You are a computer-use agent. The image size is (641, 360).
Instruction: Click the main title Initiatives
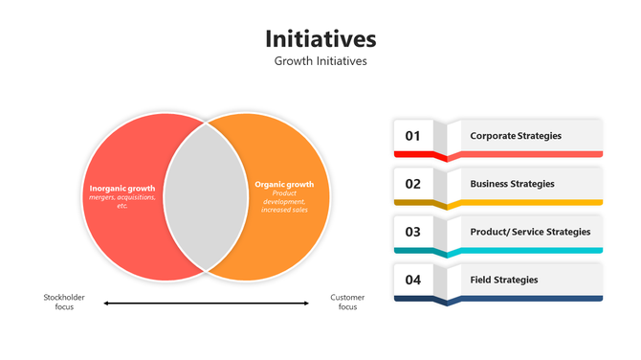point(320,38)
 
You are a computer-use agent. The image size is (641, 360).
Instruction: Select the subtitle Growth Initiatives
point(320,61)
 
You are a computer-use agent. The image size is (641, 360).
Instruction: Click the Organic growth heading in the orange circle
point(284,184)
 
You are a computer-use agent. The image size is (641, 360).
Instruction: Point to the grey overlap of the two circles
point(206,196)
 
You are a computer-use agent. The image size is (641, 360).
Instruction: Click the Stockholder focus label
point(65,303)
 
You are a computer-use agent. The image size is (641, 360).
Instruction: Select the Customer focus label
point(347,303)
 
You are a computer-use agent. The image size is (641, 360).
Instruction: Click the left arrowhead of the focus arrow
point(106,304)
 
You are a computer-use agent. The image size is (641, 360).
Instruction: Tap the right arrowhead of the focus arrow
point(306,304)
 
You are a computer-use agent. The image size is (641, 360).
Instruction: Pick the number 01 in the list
point(413,136)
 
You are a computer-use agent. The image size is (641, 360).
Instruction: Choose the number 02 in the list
point(413,184)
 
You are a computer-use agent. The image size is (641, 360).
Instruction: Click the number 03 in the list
point(413,232)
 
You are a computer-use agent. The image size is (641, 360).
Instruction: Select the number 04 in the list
point(413,280)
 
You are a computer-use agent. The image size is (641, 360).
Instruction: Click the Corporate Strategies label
point(516,136)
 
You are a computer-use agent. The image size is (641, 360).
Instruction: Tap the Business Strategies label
point(512,184)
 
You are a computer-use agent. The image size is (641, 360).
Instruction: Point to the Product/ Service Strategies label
point(530,232)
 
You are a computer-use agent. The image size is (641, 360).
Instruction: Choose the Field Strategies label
point(504,280)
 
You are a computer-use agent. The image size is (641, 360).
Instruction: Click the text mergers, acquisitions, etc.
point(122,201)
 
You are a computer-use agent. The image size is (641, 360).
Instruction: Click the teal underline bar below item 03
point(526,251)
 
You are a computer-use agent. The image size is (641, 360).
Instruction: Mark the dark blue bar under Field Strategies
point(526,299)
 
